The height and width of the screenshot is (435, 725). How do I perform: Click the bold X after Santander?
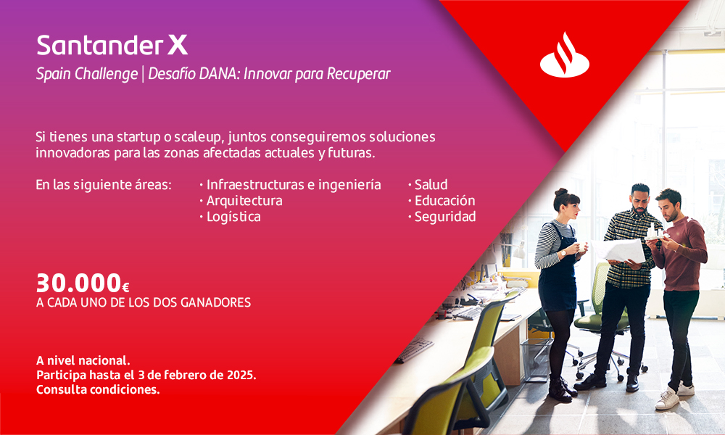pos(178,45)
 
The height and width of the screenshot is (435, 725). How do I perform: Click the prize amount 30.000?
pos(79,283)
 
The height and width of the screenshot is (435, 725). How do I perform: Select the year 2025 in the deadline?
pos(241,374)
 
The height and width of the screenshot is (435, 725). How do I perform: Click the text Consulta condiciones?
pos(98,389)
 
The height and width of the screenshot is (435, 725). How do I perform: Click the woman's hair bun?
pos(561,192)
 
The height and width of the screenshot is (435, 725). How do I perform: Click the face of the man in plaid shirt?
pos(639,200)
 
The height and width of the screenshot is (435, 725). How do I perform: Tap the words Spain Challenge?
pos(87,74)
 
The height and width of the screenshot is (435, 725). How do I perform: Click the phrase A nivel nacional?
pos(83,360)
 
